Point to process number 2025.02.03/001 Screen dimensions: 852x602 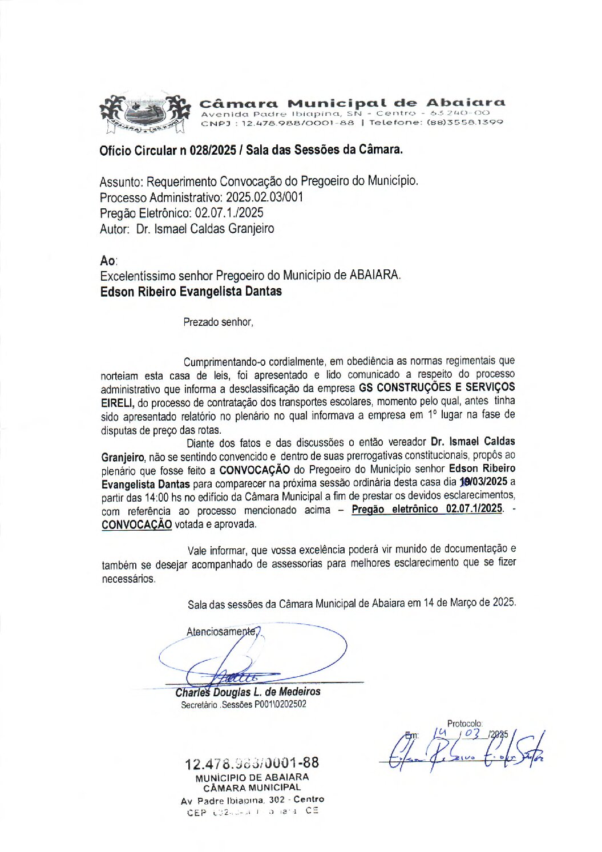click(x=264, y=197)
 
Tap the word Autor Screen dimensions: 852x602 click(x=114, y=229)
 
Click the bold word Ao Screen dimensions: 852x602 click(x=107, y=261)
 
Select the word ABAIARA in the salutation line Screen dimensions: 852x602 click(x=374, y=275)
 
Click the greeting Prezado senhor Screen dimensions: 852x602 click(x=217, y=322)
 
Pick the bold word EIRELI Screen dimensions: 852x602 click(x=118, y=403)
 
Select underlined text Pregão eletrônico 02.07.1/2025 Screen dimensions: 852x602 click(x=427, y=508)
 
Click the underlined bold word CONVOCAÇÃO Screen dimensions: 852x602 click(x=136, y=524)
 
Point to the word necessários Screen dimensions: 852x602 click(x=128, y=579)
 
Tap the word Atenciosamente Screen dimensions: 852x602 click(x=221, y=632)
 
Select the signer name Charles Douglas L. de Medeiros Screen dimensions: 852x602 click(x=248, y=692)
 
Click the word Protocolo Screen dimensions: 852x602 click(x=464, y=724)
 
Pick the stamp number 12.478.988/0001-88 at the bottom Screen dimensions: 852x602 click(x=252, y=763)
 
